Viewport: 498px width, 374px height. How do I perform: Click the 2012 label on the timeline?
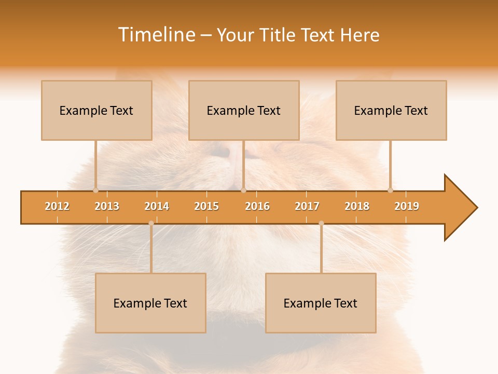pos(57,206)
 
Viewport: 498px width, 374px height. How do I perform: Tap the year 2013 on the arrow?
pos(107,206)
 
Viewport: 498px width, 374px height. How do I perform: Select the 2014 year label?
pos(157,206)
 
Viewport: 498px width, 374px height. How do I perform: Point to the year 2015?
pos(206,206)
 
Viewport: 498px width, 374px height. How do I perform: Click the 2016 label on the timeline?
pos(257,206)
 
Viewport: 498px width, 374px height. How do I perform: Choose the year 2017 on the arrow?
pos(307,206)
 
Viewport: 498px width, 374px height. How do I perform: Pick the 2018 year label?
pos(357,206)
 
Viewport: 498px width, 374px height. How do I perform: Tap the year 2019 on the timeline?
pos(407,206)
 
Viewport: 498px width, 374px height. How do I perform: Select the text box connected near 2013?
pos(96,110)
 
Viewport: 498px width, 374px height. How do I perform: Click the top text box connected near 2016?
pos(244,110)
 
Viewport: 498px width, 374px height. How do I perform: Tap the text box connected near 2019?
pos(391,110)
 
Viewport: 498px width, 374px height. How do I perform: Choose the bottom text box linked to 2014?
pos(150,303)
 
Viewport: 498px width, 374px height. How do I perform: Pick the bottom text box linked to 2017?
pos(321,303)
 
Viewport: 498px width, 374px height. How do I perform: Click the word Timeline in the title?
pos(156,35)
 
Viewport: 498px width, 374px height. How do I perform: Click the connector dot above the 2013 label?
pos(95,190)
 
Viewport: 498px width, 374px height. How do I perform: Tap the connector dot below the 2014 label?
pos(151,223)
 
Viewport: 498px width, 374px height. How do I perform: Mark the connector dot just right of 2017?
pos(321,223)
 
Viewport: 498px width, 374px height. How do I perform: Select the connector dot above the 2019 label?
pos(390,190)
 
